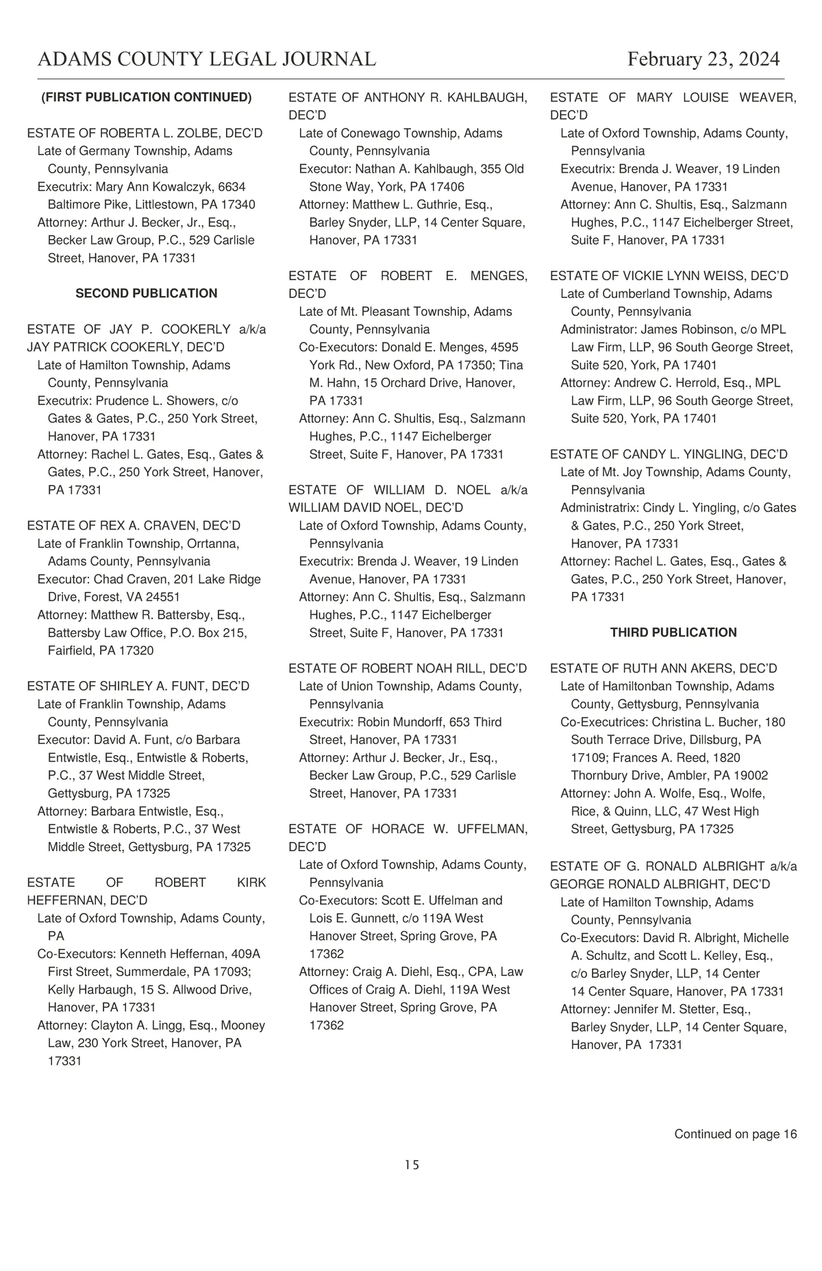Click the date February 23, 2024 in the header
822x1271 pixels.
tap(703, 59)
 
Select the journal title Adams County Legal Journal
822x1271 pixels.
tap(207, 59)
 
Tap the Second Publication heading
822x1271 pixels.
tap(146, 293)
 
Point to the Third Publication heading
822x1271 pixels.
tap(673, 632)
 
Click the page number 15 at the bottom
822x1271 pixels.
tap(411, 1165)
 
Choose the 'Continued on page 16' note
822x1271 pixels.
tap(735, 1134)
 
